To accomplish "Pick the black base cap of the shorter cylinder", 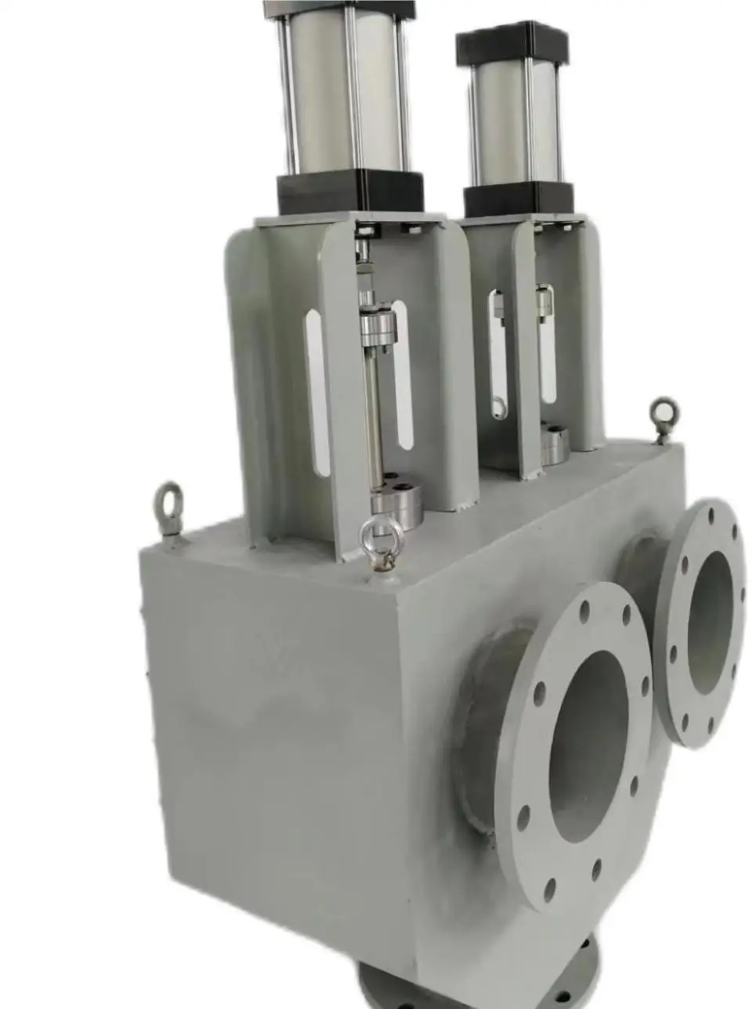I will click(518, 200).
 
